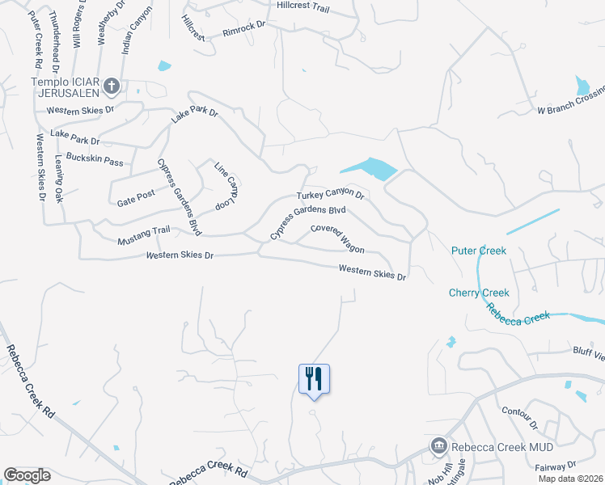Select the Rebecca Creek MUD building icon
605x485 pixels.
coord(438,445)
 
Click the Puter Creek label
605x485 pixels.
coord(480,251)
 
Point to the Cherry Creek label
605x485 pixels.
coord(480,293)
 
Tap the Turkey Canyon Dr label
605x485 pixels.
coord(331,195)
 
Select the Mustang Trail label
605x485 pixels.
coord(144,230)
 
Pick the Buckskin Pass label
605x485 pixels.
coord(95,159)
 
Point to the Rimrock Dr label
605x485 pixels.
coord(244,32)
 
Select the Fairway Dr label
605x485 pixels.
coord(556,466)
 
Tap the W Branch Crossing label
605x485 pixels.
coord(571,110)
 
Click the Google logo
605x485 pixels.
coord(27,475)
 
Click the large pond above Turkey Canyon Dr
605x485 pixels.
coord(370,168)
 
